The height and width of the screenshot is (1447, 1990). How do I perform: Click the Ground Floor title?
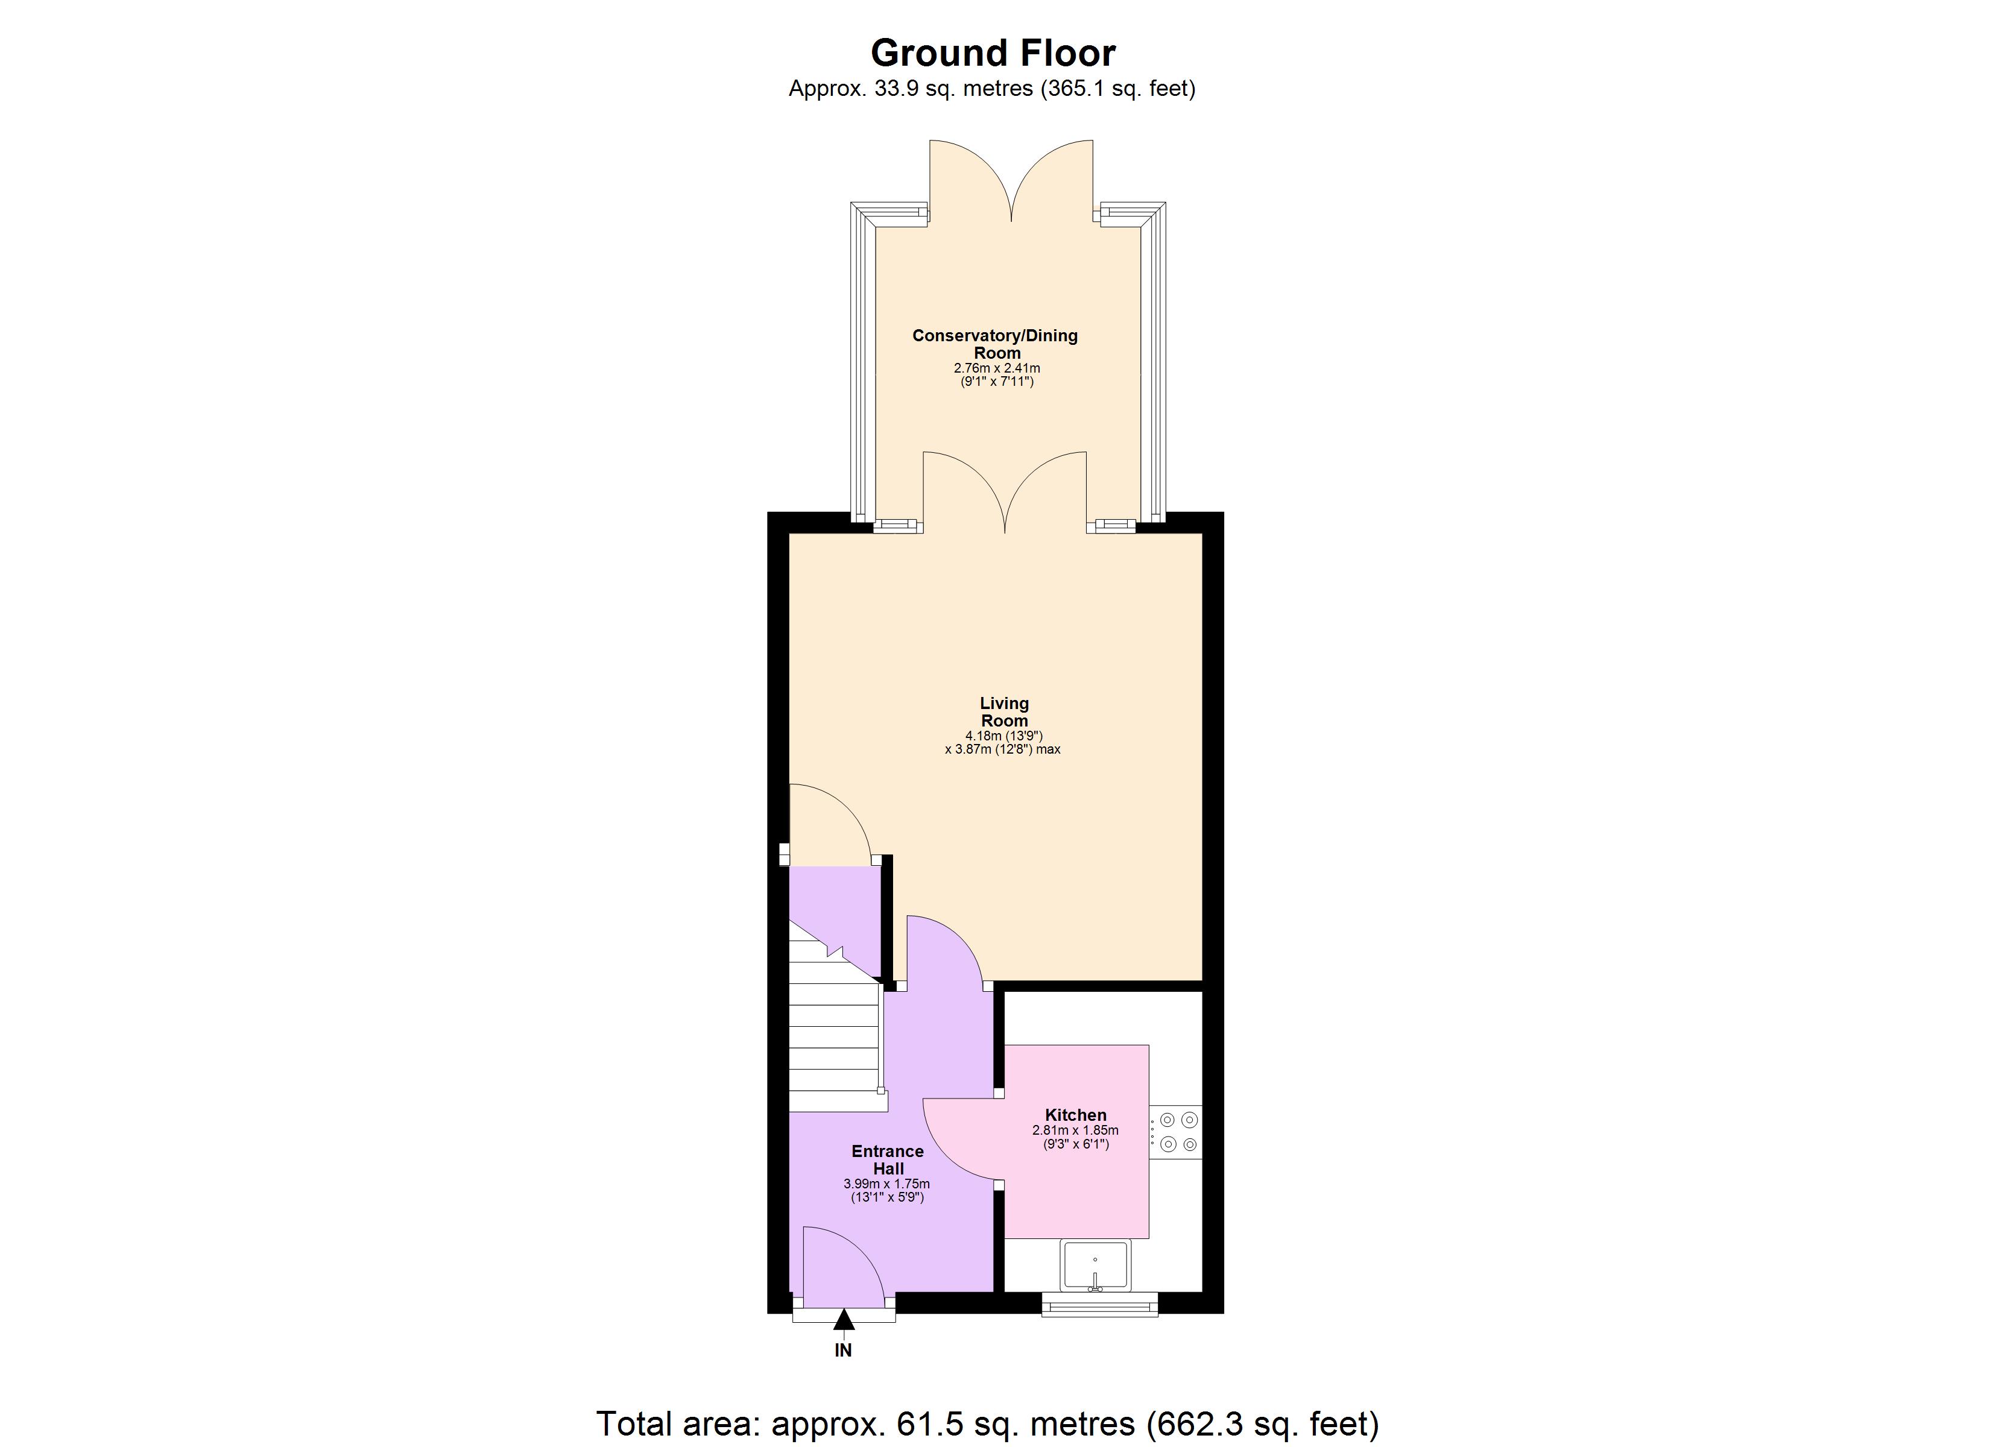coord(993,54)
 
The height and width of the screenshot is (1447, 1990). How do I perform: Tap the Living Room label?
coord(1004,711)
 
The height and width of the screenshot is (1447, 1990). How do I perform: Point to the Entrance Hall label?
coord(888,1159)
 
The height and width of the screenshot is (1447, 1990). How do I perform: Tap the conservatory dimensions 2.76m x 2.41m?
coord(997,368)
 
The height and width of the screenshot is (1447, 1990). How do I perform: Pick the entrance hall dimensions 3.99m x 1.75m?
coord(886,1184)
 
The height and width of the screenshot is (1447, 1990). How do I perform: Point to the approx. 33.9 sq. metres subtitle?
coord(991,89)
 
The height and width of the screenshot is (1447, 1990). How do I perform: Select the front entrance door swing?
coord(838,1264)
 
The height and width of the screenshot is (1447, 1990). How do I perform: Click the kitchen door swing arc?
coord(956,1141)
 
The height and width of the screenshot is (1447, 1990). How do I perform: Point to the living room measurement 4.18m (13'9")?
coord(1004,736)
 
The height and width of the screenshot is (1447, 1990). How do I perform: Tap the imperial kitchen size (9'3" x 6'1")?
coord(1076,1144)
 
